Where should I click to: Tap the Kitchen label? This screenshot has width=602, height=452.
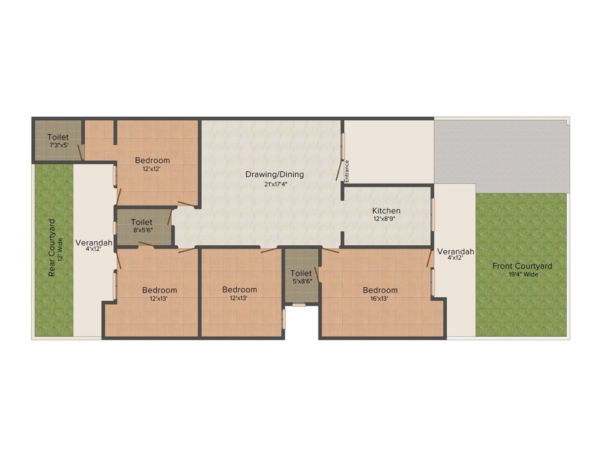click(386, 211)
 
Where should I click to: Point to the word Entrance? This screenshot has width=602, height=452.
click(347, 171)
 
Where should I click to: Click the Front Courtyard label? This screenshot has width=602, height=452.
click(522, 266)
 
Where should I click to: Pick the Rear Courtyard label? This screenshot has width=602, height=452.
click(52, 248)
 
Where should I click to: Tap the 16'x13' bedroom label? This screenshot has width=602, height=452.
click(380, 290)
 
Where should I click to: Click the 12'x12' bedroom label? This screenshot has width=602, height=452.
click(152, 160)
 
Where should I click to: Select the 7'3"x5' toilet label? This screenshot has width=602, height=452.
click(58, 137)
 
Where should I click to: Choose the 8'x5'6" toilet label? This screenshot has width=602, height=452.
click(142, 222)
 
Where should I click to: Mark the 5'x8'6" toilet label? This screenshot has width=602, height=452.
click(300, 273)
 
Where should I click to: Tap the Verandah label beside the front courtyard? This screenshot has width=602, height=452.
click(456, 252)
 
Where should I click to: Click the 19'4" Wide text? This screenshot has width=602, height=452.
click(522, 274)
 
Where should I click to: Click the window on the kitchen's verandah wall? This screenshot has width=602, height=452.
click(433, 214)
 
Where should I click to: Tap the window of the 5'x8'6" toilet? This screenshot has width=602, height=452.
click(299, 305)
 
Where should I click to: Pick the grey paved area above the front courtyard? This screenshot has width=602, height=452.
click(501, 153)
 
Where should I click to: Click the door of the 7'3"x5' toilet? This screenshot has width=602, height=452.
click(82, 151)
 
